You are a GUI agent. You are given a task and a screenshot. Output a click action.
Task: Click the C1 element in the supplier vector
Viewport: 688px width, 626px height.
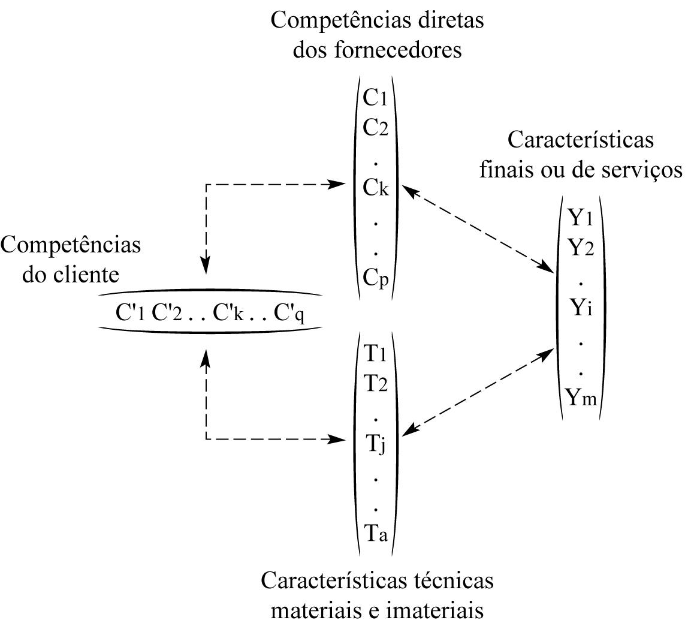(x=375, y=98)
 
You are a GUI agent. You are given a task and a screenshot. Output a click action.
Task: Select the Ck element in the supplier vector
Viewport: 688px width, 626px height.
(x=376, y=188)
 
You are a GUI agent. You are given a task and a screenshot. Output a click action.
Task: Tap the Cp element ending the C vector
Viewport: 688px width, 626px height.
(x=376, y=278)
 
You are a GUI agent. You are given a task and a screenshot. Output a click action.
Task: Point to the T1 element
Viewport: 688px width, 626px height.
(x=375, y=353)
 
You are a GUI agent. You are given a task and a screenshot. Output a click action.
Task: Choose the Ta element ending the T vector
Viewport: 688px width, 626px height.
(x=376, y=534)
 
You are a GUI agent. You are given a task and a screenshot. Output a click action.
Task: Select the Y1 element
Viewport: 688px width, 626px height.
(x=581, y=217)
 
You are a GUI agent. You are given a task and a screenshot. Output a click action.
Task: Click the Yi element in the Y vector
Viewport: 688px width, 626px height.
(x=581, y=307)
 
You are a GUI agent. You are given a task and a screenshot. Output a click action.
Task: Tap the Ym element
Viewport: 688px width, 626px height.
(x=581, y=397)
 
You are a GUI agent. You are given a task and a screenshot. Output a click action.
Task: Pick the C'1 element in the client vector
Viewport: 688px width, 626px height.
(x=130, y=313)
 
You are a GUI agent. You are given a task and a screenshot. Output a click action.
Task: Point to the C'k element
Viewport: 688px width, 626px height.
(x=228, y=313)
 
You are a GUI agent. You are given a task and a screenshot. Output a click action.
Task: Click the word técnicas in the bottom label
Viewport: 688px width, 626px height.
(x=454, y=580)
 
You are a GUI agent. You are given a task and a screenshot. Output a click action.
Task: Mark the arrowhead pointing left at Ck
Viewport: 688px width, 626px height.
(x=409, y=189)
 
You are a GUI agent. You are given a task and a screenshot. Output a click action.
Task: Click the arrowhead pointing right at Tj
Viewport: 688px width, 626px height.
(x=339, y=438)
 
